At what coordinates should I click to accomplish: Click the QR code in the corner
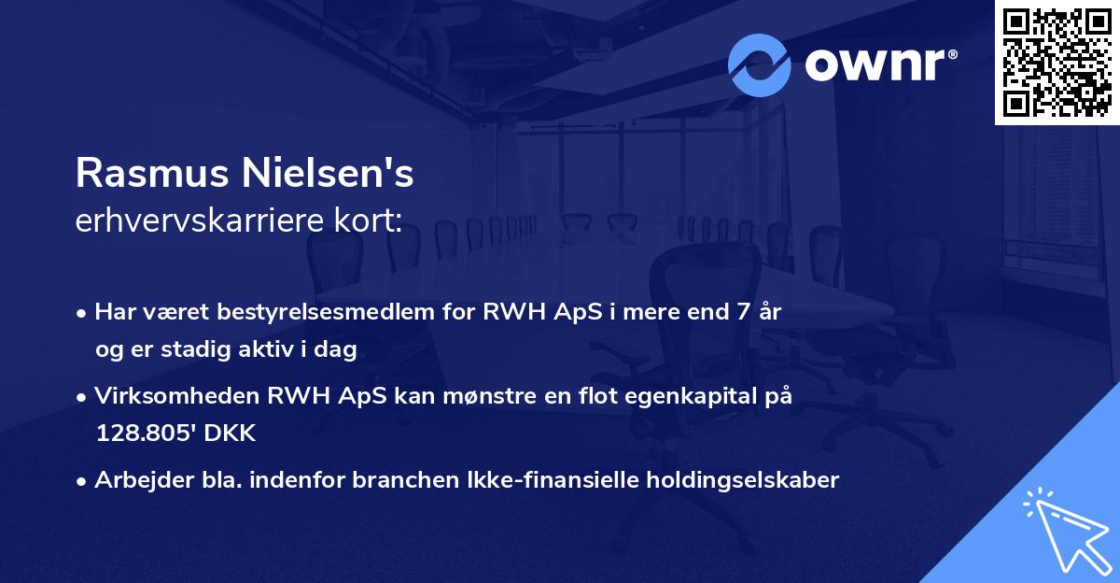[x=1057, y=63]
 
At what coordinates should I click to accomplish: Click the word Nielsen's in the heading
[x=329, y=173]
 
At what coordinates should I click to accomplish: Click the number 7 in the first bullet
[x=742, y=312]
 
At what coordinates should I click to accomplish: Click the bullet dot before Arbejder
[x=83, y=481]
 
